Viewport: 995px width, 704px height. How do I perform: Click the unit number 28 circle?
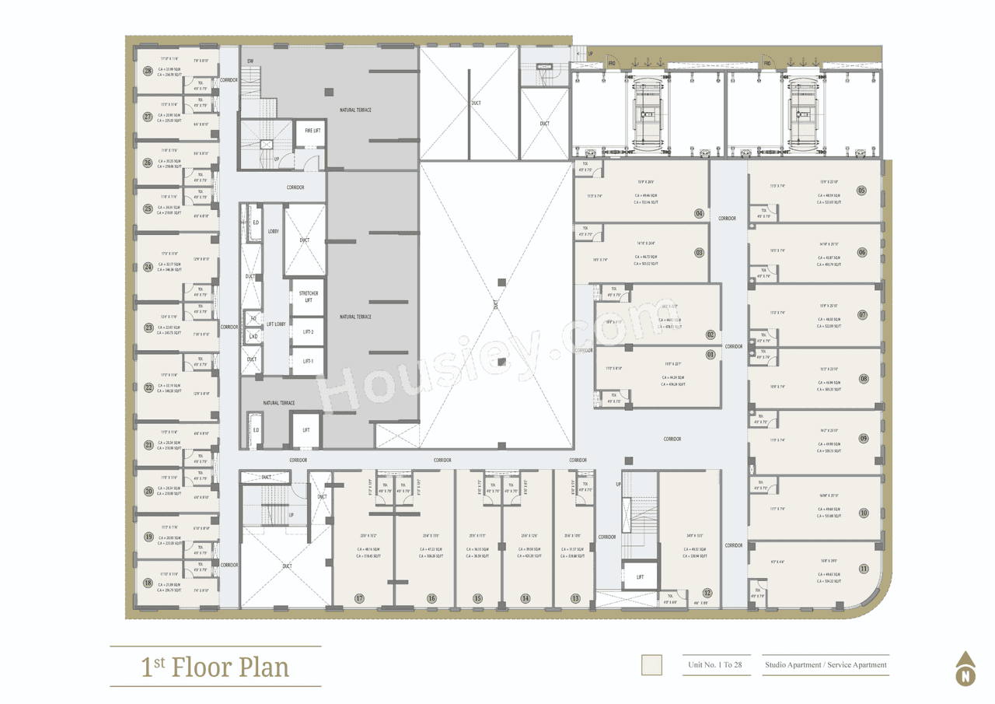(x=148, y=71)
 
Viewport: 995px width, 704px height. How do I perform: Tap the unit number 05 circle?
(x=861, y=191)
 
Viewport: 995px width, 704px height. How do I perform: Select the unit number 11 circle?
(x=864, y=569)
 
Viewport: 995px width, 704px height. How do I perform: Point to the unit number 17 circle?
(x=359, y=598)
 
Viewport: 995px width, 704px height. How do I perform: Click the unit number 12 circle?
(x=707, y=593)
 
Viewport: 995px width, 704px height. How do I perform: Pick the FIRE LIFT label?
(x=312, y=131)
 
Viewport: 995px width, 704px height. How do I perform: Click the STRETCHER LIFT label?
(x=308, y=296)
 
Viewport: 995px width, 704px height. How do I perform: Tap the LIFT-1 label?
(x=308, y=362)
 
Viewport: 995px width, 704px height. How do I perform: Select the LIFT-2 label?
(x=308, y=332)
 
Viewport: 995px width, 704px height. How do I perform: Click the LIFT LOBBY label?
(x=276, y=324)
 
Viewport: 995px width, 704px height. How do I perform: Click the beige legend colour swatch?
(x=651, y=665)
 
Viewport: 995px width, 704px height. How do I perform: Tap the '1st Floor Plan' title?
(x=215, y=667)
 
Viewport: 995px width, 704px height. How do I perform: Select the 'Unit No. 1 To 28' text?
(x=715, y=665)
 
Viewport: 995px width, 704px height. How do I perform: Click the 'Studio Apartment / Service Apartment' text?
(x=826, y=665)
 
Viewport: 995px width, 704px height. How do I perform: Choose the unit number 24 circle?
(x=148, y=267)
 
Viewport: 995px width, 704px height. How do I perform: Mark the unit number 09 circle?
(x=864, y=439)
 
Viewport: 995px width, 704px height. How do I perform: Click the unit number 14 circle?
(x=525, y=598)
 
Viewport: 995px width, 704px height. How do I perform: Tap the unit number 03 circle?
(x=700, y=253)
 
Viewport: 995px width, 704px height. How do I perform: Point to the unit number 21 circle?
(x=148, y=445)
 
